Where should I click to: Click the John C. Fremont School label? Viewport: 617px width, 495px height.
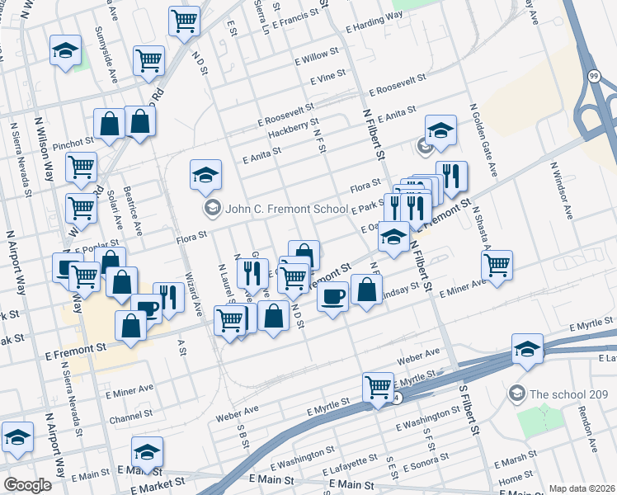click(x=286, y=209)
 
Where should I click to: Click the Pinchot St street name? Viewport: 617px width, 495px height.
click(x=74, y=144)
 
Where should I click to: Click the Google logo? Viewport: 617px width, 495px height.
click(x=27, y=485)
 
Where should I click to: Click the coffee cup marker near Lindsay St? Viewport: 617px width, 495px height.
click(x=332, y=297)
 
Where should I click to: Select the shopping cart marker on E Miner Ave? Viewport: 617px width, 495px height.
click(x=497, y=266)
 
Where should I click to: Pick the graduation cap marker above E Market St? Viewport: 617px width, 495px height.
click(x=147, y=451)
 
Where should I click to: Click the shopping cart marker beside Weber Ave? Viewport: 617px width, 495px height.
click(x=378, y=386)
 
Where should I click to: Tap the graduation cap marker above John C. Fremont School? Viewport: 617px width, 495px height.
click(x=205, y=174)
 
